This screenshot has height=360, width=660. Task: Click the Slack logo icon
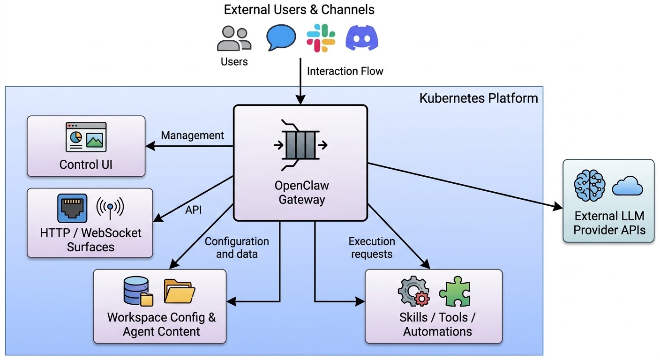pos(321,38)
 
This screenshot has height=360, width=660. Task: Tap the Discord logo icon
pos(361,38)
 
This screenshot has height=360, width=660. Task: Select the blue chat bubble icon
pos(281,37)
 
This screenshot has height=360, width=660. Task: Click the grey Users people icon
pos(234,38)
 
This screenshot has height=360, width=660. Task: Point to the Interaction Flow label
pos(345,71)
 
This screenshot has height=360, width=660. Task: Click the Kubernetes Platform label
pos(479,98)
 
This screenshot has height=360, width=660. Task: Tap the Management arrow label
pos(193,135)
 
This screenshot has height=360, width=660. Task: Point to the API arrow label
pos(194,210)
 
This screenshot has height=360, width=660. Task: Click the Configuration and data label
pos(237,247)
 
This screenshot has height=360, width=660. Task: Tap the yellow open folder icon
pos(179,291)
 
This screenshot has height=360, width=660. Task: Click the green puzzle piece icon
pos(454,291)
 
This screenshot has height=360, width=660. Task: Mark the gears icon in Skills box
pos(413,292)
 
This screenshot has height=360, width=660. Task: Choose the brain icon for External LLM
pos(589,185)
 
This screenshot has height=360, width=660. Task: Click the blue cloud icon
pos(627,186)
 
